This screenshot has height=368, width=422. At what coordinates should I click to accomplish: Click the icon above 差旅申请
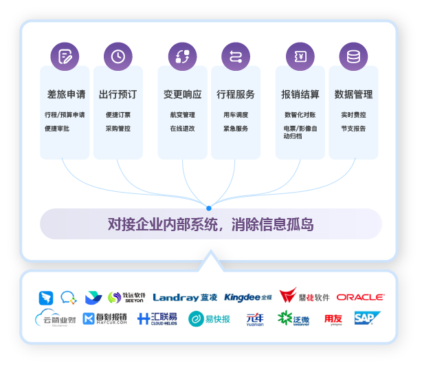(65, 56)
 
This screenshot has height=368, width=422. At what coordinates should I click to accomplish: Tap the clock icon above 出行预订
(118, 56)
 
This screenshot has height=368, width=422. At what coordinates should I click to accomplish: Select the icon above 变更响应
(182, 56)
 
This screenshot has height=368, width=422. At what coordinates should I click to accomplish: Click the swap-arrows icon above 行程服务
(236, 56)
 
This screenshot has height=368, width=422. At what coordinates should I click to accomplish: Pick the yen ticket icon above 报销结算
(300, 56)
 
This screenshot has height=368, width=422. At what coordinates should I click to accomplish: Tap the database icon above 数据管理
(353, 56)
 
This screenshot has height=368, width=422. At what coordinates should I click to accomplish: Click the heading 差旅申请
(65, 94)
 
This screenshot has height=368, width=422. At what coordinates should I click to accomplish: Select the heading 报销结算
(300, 94)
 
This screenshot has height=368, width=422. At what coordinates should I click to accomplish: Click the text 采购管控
(118, 129)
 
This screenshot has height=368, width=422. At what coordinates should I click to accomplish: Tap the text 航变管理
(182, 115)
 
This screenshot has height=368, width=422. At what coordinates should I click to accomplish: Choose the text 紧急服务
(236, 129)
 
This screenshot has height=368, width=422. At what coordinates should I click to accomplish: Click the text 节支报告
(353, 129)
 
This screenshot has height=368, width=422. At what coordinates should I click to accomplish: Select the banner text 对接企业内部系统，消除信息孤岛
(210, 224)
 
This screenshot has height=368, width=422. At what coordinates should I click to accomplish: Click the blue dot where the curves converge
(209, 207)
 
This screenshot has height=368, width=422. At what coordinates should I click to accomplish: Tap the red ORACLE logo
(360, 297)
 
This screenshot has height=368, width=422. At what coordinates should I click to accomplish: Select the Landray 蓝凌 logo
(185, 297)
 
